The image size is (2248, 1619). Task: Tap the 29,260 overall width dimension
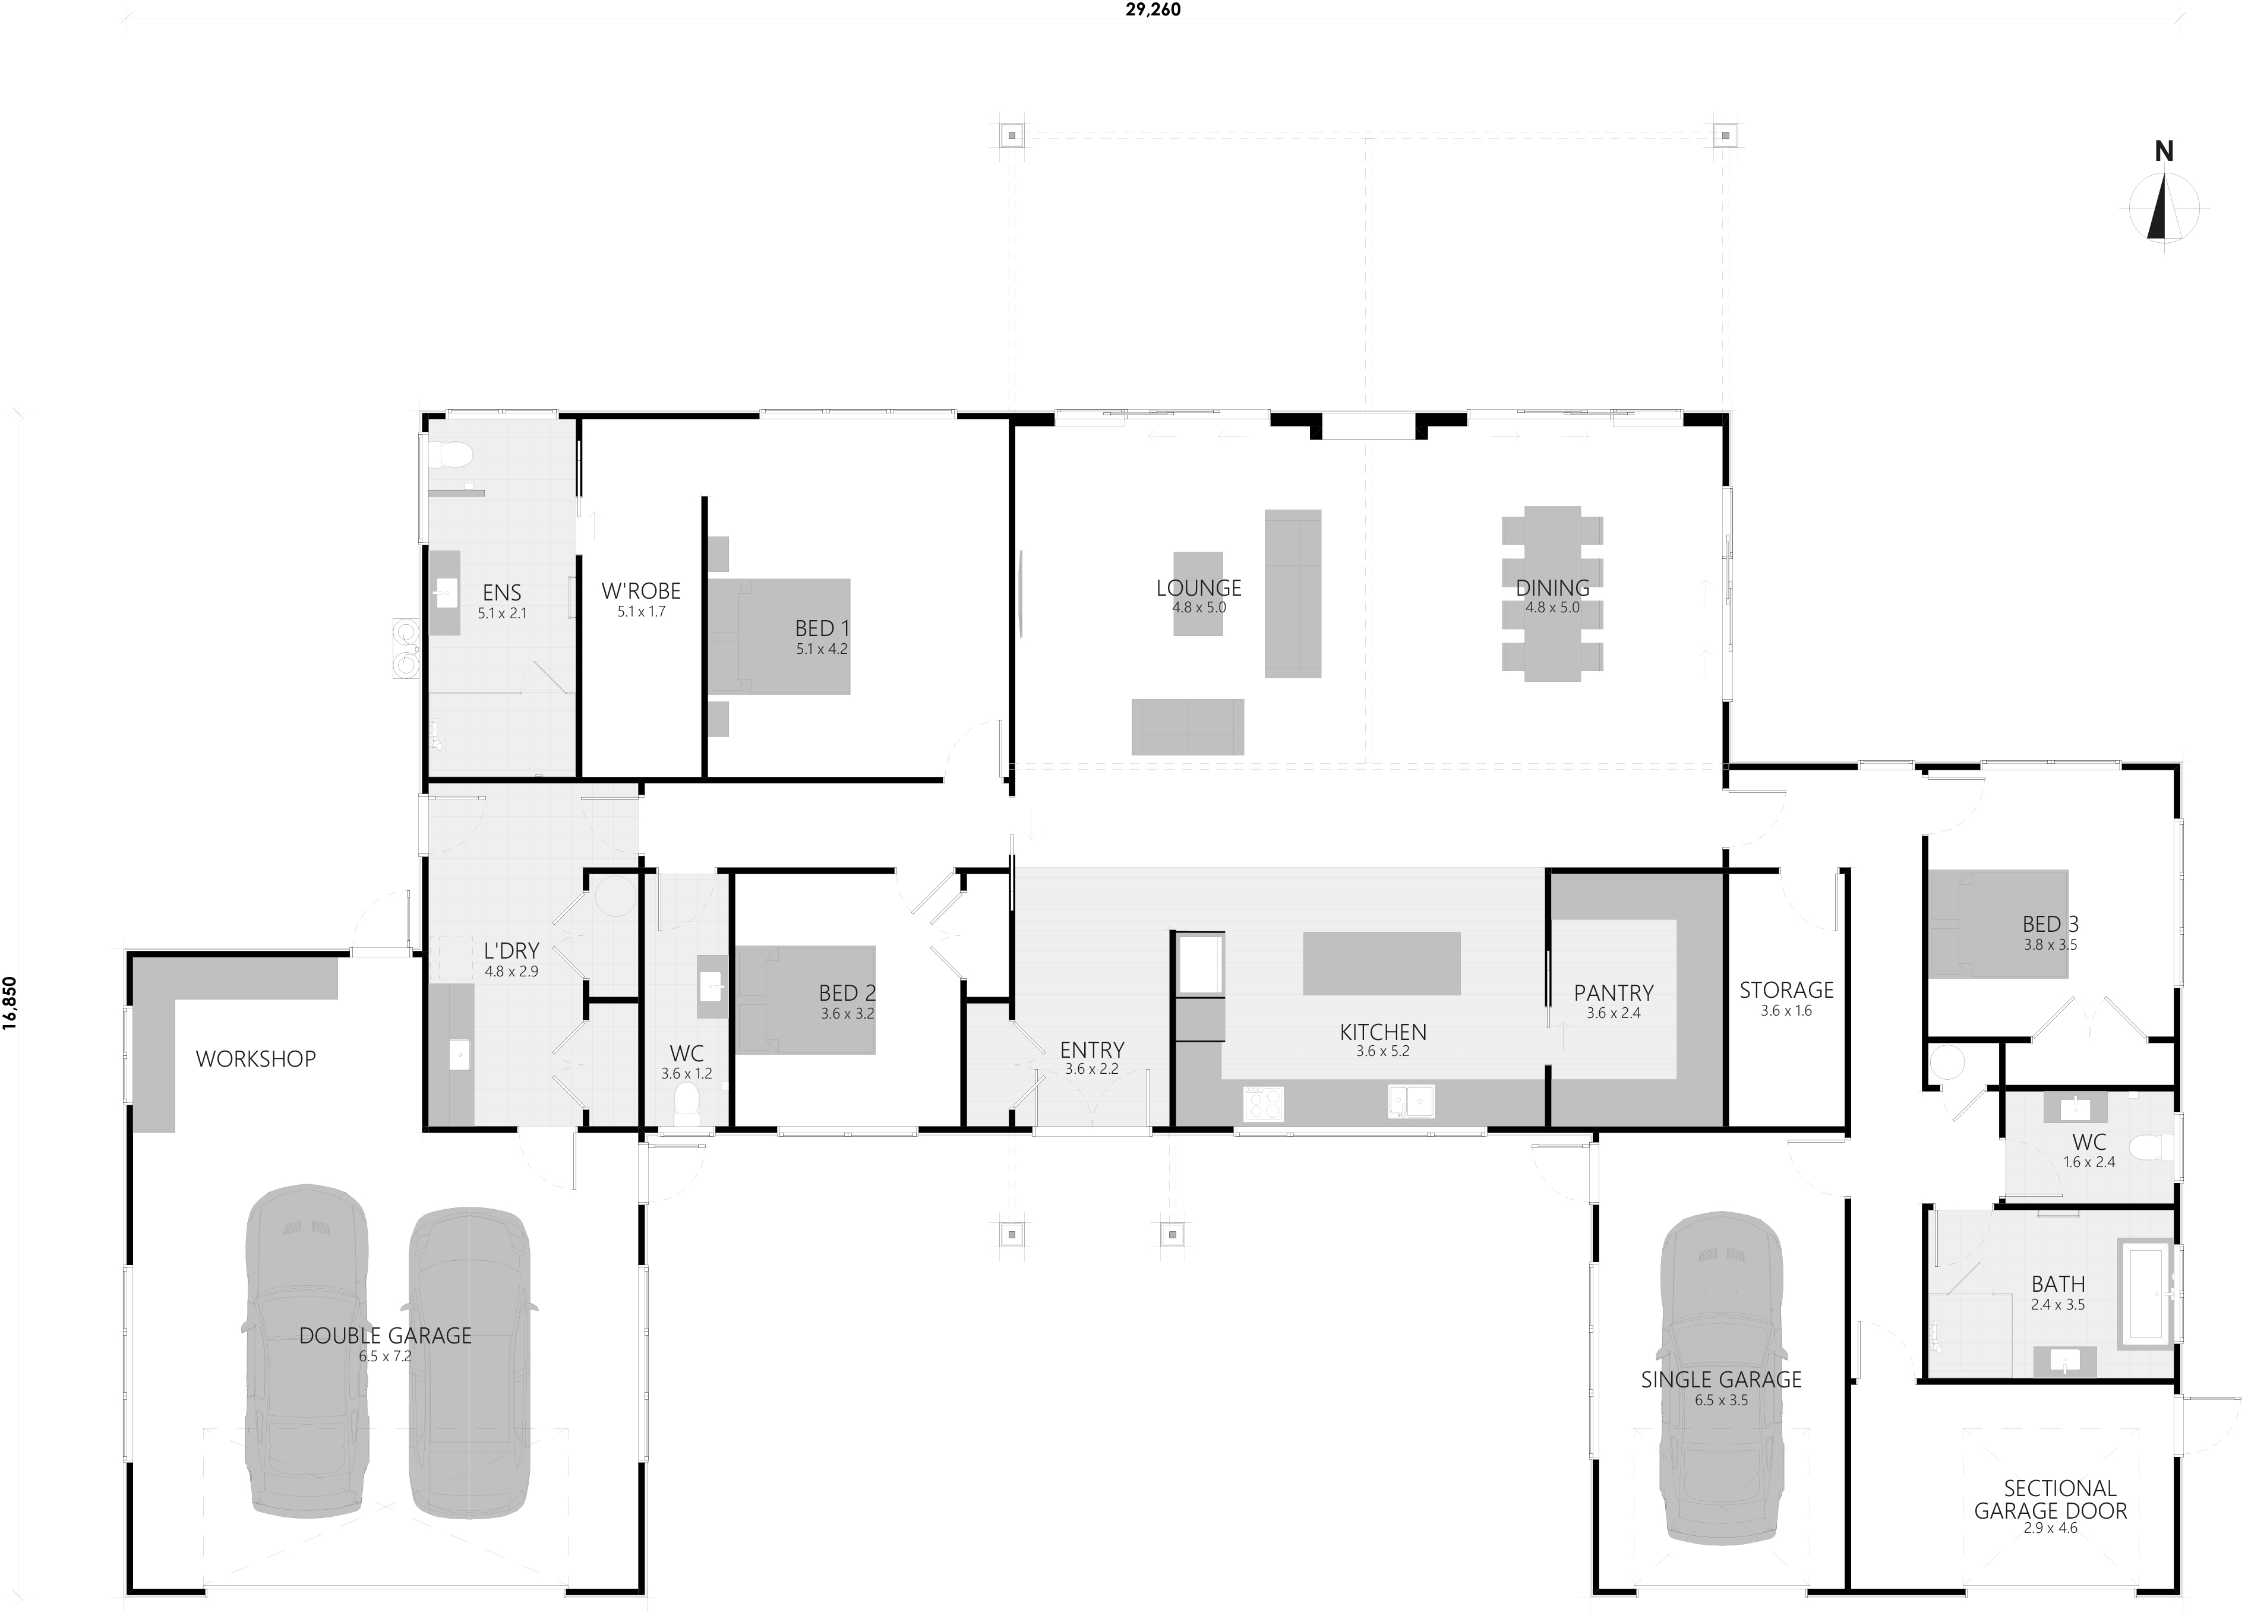pos(1152,10)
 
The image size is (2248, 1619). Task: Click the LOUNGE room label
pos(1198,587)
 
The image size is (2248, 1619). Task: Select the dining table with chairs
pos(1552,593)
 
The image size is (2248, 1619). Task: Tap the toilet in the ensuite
pos(453,456)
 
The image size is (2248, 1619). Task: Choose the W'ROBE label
pos(641,590)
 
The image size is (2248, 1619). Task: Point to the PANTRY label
pos(1614,992)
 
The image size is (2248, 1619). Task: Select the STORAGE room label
pos(1786,989)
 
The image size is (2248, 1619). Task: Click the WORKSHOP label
pos(255,1058)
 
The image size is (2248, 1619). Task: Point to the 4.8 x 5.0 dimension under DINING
pos(1552,608)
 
